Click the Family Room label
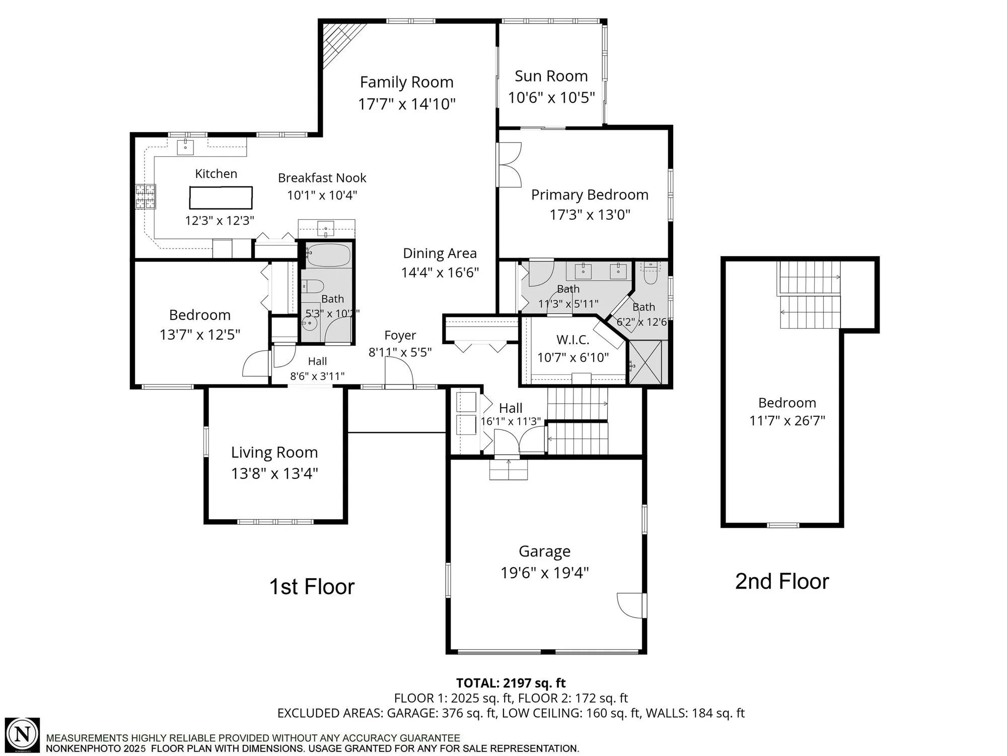click(x=406, y=82)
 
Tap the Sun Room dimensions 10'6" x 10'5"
click(x=551, y=97)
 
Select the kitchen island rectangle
click(x=221, y=198)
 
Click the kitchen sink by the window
click(x=185, y=147)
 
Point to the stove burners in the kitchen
click(x=145, y=197)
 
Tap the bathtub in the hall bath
click(x=328, y=255)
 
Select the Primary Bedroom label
click(x=590, y=195)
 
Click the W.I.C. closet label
click(x=572, y=340)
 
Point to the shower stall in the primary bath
click(x=648, y=362)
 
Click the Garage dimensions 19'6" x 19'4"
click(x=544, y=573)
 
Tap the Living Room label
click(x=274, y=453)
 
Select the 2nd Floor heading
click(x=781, y=581)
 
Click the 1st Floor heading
click(x=312, y=587)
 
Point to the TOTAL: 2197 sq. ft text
click(x=511, y=683)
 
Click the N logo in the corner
click(x=23, y=734)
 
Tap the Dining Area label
click(x=440, y=254)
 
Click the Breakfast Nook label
click(x=322, y=178)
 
